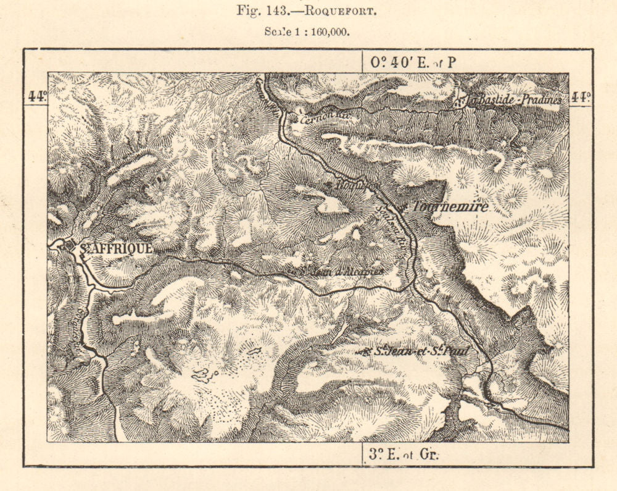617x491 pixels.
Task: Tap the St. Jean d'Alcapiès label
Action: click(x=342, y=271)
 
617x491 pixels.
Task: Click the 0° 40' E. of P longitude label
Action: click(x=412, y=62)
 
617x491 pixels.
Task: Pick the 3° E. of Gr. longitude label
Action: click(x=404, y=455)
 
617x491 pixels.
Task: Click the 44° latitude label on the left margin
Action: click(x=36, y=96)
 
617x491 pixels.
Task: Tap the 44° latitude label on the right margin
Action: click(x=580, y=96)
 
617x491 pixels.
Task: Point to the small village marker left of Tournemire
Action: click(x=402, y=208)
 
